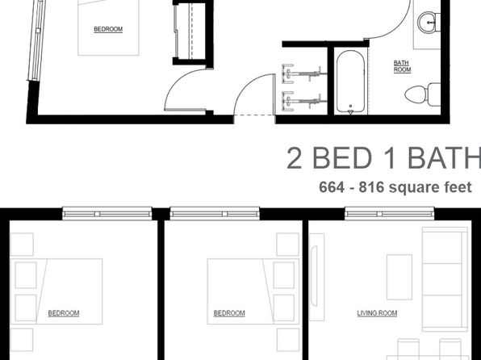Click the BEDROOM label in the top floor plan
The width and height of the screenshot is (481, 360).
pyautogui.click(x=108, y=30)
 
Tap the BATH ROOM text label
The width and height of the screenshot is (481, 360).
pyautogui.click(x=402, y=65)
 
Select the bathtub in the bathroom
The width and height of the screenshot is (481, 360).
pyautogui.click(x=352, y=82)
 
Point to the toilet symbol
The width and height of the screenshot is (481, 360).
pyautogui.click(x=420, y=94)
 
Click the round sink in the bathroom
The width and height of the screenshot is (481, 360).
pyautogui.click(x=429, y=20)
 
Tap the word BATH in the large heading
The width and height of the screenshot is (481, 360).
pyautogui.click(x=441, y=159)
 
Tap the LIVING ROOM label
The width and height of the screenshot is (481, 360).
pyautogui.click(x=377, y=312)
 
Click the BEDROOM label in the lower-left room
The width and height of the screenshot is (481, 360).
pyautogui.click(x=64, y=312)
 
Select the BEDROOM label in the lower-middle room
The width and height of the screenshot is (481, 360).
pyautogui.click(x=229, y=312)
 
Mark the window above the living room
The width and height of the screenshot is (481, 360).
pyautogui.click(x=389, y=213)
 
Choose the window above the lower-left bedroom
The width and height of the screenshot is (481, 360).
pyautogui.click(x=107, y=213)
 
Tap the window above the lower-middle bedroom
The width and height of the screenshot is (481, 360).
pyautogui.click(x=214, y=213)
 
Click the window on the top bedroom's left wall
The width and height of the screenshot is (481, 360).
pyautogui.click(x=35, y=40)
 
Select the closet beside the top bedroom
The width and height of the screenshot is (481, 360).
pyautogui.click(x=189, y=31)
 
